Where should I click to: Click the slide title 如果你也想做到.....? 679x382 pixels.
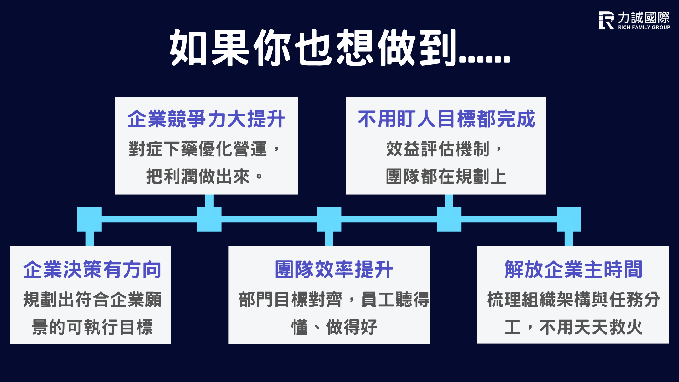339,48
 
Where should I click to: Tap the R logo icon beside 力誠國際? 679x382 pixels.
607,20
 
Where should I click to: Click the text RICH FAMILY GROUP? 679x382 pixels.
644,27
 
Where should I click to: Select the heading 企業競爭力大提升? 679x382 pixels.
207,118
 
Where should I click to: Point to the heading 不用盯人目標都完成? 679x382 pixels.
446,118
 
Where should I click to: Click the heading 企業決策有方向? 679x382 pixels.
92,270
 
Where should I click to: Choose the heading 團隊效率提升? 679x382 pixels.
334,270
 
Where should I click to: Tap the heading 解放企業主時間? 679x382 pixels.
573,270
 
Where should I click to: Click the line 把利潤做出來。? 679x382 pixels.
205,176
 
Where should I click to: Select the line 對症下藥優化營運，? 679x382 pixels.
205,149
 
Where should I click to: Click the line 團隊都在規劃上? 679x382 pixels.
446,176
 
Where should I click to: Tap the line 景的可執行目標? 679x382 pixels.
92,327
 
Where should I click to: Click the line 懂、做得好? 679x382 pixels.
334,327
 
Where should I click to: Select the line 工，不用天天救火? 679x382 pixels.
573,327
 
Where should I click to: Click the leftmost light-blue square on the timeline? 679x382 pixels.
89,219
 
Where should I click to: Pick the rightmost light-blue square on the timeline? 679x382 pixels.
569,219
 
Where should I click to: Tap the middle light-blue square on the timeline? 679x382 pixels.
329,219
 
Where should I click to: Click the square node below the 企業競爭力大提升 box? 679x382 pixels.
209,219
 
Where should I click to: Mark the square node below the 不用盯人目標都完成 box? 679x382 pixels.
449,219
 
